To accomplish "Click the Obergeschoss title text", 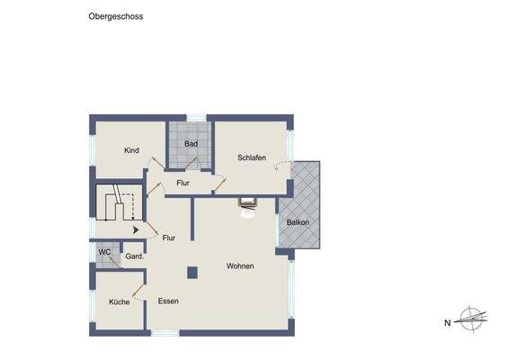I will tap(116, 16).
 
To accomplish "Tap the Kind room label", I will tap(131, 150).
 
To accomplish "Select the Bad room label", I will tap(191, 144).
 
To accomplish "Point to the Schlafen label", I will tap(251, 158).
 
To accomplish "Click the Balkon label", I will tap(298, 222).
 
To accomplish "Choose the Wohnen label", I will tap(240, 266).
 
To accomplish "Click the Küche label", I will tap(120, 301).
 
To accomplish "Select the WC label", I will tap(104, 252).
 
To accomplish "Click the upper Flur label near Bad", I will tap(183, 184).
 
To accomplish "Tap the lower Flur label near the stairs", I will tap(168, 238).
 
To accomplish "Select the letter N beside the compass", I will tap(447, 321).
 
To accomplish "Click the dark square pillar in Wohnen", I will tap(192, 271).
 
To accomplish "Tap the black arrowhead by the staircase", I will tap(136, 230).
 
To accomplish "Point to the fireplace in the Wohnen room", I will tap(246, 204).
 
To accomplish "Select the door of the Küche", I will tap(138, 291).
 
